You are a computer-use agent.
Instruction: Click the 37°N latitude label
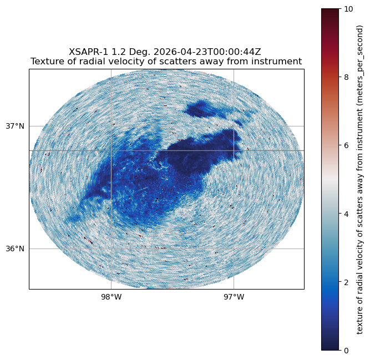15,126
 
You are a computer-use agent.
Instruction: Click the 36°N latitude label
15,249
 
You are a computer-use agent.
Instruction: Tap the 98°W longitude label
111,297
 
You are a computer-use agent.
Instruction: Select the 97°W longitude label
234,297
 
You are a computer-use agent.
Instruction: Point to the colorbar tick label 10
348,9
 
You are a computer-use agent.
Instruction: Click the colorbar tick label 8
346,77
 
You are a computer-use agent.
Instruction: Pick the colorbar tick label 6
346,145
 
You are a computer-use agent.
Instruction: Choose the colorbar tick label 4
346,214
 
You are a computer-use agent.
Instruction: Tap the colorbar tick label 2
346,282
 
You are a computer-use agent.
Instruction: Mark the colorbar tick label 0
346,351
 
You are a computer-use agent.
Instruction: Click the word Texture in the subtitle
43,62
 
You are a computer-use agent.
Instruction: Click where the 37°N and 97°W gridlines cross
234,126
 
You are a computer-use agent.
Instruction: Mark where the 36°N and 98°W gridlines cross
111,249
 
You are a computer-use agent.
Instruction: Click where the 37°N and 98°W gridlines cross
111,126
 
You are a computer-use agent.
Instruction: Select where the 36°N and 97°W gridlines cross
234,249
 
